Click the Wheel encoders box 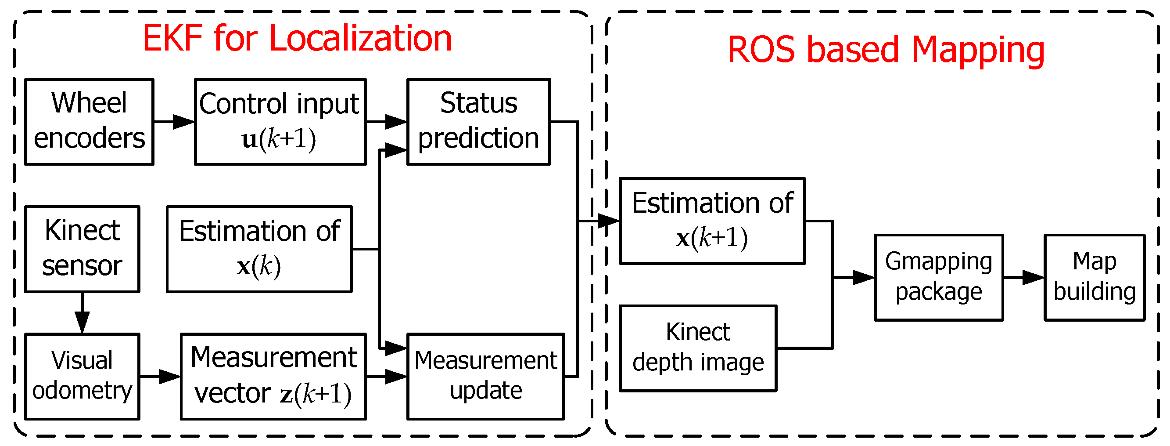pos(89,121)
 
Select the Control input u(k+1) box pos(280,121)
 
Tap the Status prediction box pos(478,121)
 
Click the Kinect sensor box pos(82,249)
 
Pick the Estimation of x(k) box pos(259,249)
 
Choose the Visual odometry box pos(82,376)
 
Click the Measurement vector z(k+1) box pos(273,376)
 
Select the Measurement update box pos(485,376)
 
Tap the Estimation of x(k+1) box pos(712,221)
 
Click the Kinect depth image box pos(698,348)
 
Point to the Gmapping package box pos(938,277)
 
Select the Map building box pos(1094,277)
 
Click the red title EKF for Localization pos(297,38)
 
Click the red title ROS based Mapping pos(886,50)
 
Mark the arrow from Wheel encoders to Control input pos(174,121)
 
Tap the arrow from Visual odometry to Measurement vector pos(160,376)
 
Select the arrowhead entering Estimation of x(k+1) pos(609,221)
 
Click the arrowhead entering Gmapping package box pos(863,277)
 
